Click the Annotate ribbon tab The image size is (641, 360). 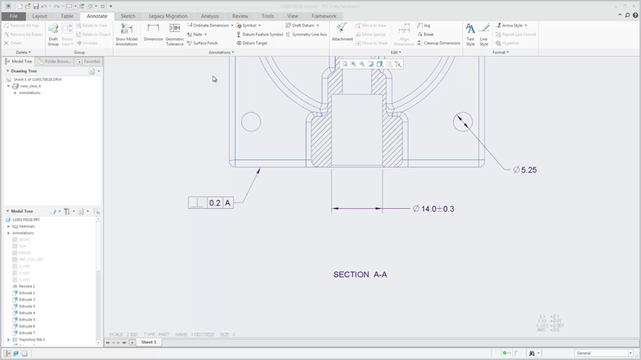coord(97,16)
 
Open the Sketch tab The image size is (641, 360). coord(128,16)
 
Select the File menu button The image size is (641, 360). coord(13,16)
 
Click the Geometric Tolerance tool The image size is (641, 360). coord(175,33)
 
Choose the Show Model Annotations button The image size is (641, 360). coord(126,33)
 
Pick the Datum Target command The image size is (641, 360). coord(254,43)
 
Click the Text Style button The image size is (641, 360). coord(470,33)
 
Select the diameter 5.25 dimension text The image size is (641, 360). coord(528,170)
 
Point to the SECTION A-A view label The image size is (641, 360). coord(360,274)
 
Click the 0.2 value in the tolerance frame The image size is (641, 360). coord(215,203)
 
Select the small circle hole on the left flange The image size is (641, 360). coord(250,122)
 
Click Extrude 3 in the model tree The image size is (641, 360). coord(27,306)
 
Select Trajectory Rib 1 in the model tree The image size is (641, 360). coord(31,339)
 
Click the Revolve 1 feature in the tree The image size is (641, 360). coord(27,286)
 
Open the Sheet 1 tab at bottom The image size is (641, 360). coord(148,342)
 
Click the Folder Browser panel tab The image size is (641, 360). coord(57,61)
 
